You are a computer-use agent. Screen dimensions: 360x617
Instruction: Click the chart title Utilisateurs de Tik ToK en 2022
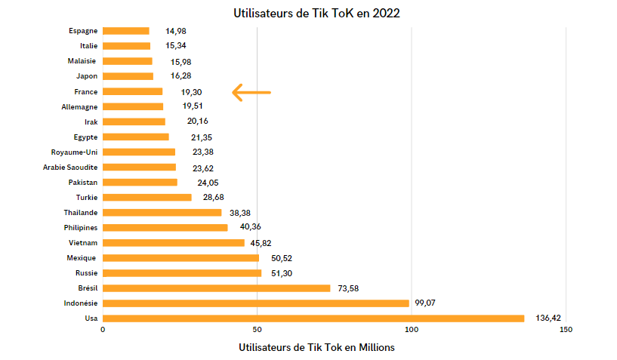click(x=316, y=13)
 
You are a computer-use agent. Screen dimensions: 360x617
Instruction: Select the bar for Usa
click(x=313, y=318)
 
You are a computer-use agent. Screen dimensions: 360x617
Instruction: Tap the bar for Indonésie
click(x=255, y=303)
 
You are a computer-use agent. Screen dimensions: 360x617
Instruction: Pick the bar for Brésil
click(x=216, y=288)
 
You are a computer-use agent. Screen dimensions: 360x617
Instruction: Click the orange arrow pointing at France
click(x=251, y=92)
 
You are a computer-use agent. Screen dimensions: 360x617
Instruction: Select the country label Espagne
click(x=83, y=31)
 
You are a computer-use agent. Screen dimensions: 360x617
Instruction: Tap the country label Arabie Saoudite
click(x=70, y=167)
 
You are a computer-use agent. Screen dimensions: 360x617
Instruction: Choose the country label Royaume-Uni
click(x=74, y=152)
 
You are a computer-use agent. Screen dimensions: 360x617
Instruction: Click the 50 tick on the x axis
click(x=258, y=330)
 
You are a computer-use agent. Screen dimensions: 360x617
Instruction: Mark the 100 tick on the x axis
click(x=412, y=330)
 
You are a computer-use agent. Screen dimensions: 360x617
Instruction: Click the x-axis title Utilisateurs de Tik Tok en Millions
click(x=316, y=347)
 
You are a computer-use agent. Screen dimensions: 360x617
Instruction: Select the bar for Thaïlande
click(x=162, y=213)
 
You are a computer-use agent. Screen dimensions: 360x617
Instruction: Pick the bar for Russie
click(x=182, y=273)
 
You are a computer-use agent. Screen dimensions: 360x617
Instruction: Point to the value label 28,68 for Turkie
click(x=214, y=197)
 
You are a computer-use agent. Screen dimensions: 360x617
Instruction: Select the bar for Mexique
click(x=180, y=258)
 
